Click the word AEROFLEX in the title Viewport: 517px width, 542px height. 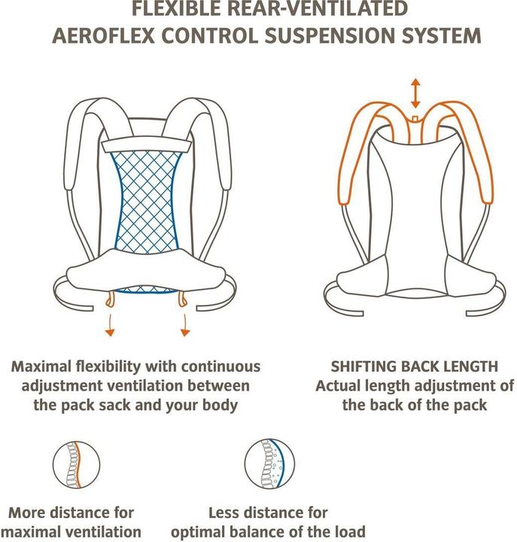point(103,36)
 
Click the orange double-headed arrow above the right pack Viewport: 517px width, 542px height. point(415,93)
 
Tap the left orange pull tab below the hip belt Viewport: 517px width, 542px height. point(110,299)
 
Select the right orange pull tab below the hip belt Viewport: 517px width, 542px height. point(183,299)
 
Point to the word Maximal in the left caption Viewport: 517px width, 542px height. point(41,367)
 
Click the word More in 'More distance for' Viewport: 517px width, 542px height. point(28,513)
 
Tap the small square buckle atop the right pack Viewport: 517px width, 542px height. point(415,119)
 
